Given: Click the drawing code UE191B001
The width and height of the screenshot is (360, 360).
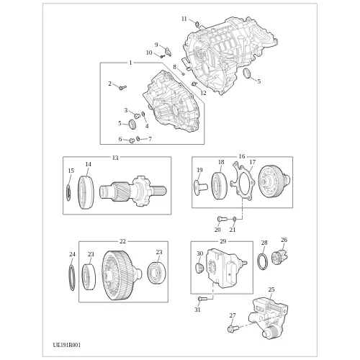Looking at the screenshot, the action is coord(67,345).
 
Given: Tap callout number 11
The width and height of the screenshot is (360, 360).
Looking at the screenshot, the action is coord(184,19).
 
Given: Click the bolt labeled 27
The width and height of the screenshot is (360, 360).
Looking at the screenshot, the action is coord(233,328).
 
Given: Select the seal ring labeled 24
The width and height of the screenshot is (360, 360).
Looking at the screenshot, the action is coord(72,277).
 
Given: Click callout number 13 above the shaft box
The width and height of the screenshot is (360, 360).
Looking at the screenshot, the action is coord(115,158).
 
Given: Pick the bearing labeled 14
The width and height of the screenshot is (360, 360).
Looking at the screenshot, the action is coord(86,192).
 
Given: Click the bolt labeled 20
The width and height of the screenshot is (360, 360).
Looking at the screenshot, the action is coord(222,219).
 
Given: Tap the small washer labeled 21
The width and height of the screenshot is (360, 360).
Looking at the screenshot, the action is coord(235,219).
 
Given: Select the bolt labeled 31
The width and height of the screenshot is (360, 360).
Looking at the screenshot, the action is coord(202,299).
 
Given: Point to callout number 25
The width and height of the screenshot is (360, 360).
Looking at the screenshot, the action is coord(271,289).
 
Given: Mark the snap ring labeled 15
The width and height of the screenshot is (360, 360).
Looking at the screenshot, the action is coord(68,193).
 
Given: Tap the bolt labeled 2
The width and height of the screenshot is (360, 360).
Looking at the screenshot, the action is coord(122,88).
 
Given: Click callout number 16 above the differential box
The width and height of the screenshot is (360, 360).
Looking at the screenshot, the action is coord(242,156).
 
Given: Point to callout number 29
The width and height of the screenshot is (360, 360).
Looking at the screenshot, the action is coord(223,241).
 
